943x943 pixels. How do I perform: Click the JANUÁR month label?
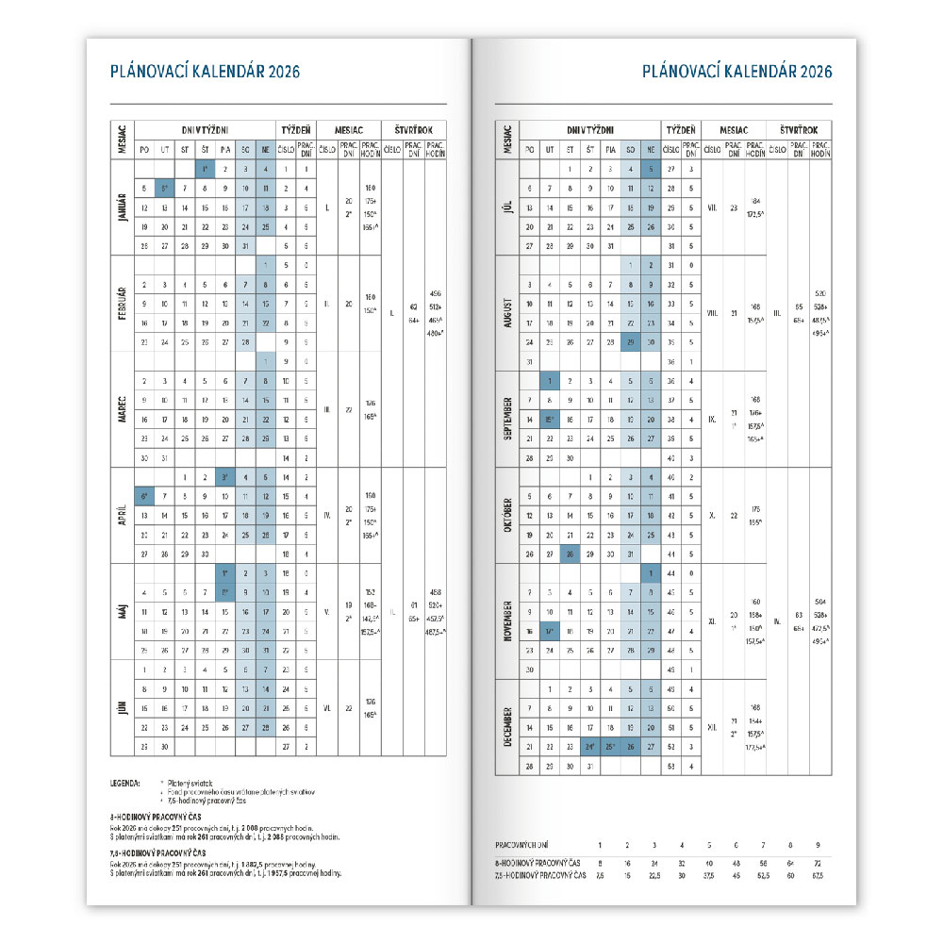tap(122, 207)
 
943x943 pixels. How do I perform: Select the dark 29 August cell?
tap(628, 342)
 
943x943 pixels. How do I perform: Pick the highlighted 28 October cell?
tap(569, 554)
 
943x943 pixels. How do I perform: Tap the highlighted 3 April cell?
tap(225, 477)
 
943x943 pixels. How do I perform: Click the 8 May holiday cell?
tap(225, 593)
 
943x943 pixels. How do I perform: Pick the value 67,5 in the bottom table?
tap(817, 875)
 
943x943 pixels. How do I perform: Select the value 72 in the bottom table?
tap(817, 863)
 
